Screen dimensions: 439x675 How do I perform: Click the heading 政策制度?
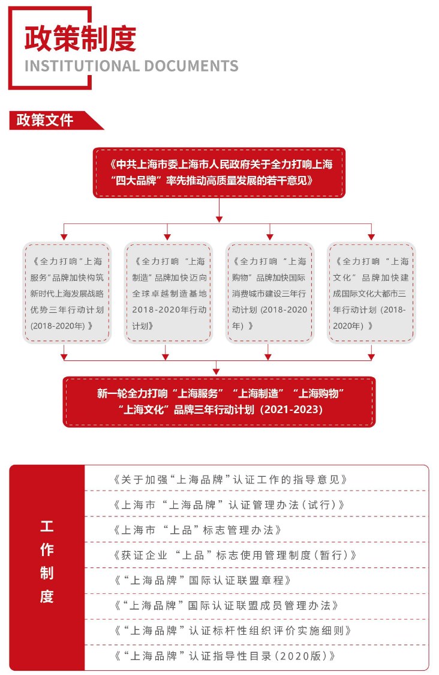[x=80, y=39]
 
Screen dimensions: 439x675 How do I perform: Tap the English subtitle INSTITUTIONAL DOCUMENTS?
[x=131, y=66]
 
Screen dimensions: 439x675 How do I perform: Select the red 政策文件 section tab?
[x=56, y=120]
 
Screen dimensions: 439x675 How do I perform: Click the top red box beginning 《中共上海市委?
[x=220, y=172]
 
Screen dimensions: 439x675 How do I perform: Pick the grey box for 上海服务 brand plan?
[x=67, y=293]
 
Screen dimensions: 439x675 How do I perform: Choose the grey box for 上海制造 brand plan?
[x=169, y=293]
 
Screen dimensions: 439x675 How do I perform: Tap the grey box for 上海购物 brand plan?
[x=270, y=293]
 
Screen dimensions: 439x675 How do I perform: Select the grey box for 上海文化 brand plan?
[x=371, y=293]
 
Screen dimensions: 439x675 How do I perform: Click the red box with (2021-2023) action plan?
[x=220, y=402]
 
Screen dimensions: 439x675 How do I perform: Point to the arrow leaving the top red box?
[x=220, y=210]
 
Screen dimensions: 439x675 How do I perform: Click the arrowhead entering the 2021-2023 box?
[x=217, y=371]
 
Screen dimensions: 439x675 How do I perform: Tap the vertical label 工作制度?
[x=47, y=561]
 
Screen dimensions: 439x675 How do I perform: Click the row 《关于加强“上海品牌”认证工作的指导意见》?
[x=230, y=480]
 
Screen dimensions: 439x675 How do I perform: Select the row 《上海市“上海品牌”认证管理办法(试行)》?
[x=228, y=504]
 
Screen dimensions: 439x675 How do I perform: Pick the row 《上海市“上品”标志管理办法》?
[x=197, y=530]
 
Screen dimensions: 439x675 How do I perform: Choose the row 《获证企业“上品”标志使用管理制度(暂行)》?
[x=234, y=555]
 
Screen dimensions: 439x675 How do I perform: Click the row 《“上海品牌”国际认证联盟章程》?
[x=203, y=580]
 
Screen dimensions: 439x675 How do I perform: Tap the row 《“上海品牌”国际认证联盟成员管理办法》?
[x=226, y=606]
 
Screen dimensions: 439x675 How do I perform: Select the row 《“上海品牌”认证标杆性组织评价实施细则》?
[x=233, y=631]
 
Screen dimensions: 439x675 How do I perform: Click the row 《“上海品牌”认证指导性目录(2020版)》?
[x=224, y=656]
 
